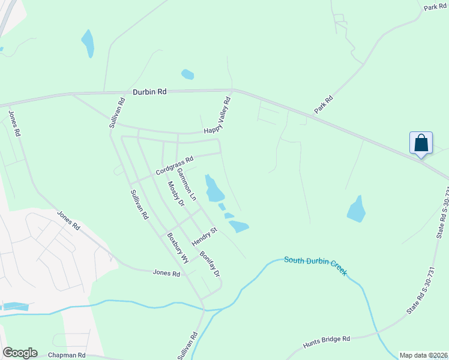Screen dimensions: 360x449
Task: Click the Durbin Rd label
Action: click(149, 92)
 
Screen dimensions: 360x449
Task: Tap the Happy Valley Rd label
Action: click(217, 116)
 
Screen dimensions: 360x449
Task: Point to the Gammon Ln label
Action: click(186, 184)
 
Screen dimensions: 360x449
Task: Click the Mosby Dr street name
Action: click(176, 194)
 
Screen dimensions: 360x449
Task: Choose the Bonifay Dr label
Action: click(210, 263)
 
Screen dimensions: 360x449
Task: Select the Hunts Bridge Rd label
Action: click(326, 340)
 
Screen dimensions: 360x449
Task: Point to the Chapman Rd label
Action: click(67, 355)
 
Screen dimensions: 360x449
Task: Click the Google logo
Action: click(20, 353)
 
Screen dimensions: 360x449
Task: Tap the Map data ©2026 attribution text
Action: click(423, 355)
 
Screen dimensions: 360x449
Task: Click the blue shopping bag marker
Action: click(421, 143)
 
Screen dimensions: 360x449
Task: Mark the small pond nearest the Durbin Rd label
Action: click(188, 74)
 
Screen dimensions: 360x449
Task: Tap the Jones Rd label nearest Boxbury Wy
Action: click(166, 273)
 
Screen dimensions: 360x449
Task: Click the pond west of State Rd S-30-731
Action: click(357, 209)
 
